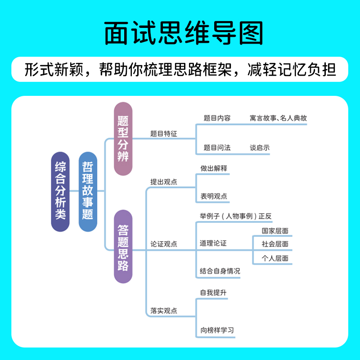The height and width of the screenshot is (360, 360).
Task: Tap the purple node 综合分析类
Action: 60,191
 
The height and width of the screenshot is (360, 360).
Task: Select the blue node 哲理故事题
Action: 88,191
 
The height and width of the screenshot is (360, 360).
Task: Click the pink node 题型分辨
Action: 123,139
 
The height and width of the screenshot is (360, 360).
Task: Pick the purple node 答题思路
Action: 123,247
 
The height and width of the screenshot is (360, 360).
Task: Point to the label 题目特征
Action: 164,134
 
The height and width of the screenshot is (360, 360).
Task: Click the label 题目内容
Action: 217,118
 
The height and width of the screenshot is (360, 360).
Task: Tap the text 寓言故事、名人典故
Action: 278,118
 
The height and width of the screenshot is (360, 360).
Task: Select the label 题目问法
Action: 217,148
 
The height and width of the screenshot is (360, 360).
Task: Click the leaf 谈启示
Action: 260,148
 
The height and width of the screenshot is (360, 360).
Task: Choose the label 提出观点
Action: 164,182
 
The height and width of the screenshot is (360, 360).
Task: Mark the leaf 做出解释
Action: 214,168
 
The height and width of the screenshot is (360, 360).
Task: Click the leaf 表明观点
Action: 214,196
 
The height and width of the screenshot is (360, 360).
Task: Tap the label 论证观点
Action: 164,244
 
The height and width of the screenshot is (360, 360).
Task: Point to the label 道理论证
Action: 213,243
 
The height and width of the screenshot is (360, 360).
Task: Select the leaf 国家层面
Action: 275,231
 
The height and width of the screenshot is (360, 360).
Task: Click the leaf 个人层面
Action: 275,258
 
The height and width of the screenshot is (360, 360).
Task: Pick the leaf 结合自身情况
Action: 220,271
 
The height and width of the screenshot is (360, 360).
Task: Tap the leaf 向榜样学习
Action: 217,330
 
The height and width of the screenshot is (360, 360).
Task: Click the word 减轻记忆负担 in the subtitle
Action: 292,70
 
